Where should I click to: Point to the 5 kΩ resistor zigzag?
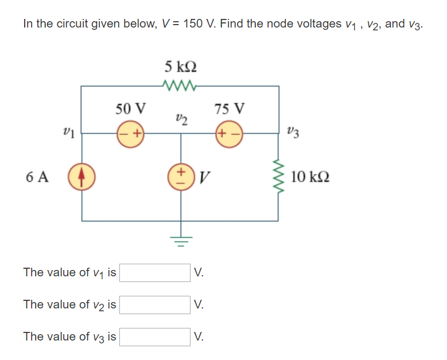coord(180,87)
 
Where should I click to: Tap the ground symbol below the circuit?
coord(180,240)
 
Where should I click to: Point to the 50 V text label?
coord(131,108)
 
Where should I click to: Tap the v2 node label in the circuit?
coord(180,119)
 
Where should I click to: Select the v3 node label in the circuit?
coord(292,134)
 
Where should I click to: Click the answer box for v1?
coord(155,272)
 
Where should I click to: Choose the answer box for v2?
coord(155,304)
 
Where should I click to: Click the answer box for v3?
coord(155,336)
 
